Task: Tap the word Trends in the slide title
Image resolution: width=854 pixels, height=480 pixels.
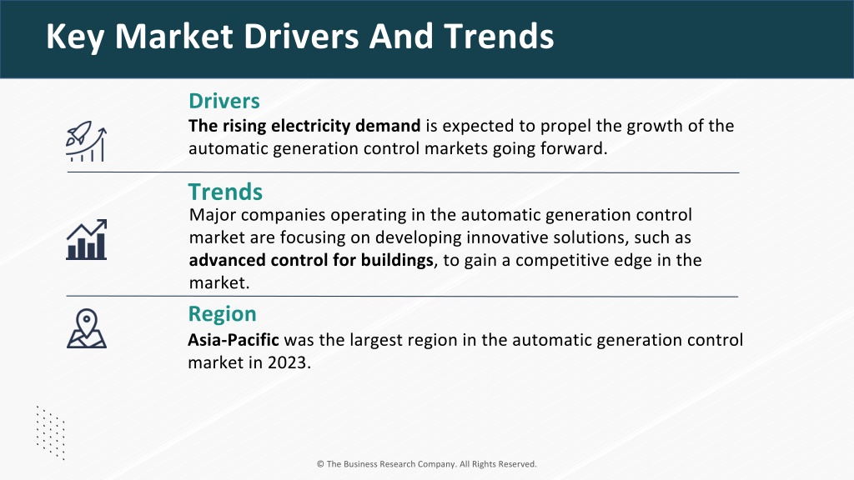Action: [x=499, y=37]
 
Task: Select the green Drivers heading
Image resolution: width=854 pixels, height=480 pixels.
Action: [x=224, y=101]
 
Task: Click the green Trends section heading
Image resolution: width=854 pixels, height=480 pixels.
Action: [x=225, y=192]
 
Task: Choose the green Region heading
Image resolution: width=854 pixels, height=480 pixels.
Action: [x=222, y=314]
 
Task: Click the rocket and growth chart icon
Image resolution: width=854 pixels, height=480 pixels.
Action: [x=86, y=142]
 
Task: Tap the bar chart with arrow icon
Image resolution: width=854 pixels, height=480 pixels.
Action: [x=87, y=239]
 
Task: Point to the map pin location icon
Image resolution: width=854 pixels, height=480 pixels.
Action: [x=87, y=328]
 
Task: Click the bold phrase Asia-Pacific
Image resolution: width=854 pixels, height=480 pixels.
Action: [x=234, y=340]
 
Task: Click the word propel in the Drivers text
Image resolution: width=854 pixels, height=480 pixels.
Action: [x=565, y=127]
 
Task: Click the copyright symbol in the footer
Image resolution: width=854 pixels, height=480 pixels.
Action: [x=320, y=464]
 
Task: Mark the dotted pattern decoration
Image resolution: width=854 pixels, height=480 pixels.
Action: [x=51, y=432]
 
